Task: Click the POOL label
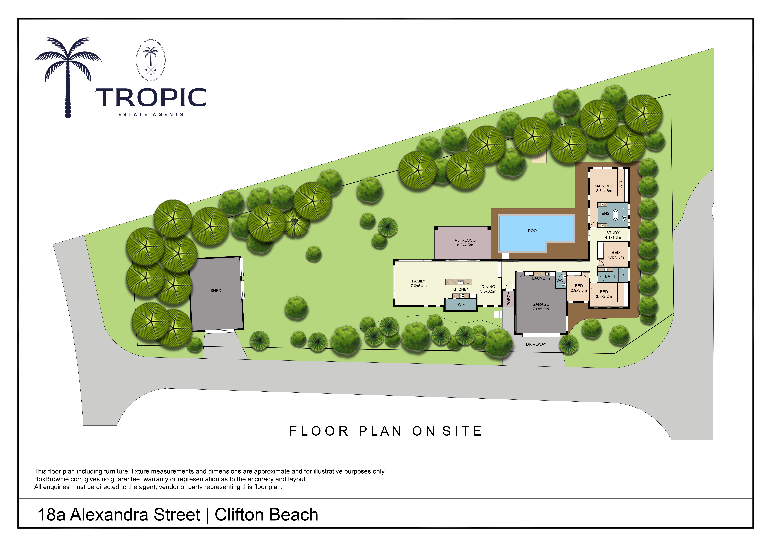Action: click(533, 231)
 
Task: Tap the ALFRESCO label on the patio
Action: click(465, 240)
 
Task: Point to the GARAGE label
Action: click(541, 304)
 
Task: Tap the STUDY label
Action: click(613, 233)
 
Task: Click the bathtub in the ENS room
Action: click(615, 215)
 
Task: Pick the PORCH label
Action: click(509, 298)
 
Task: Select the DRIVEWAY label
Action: click(536, 344)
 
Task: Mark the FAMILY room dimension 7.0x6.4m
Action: click(419, 286)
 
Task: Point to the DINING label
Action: click(488, 287)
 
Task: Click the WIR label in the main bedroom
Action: click(621, 184)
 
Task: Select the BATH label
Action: click(610, 276)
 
